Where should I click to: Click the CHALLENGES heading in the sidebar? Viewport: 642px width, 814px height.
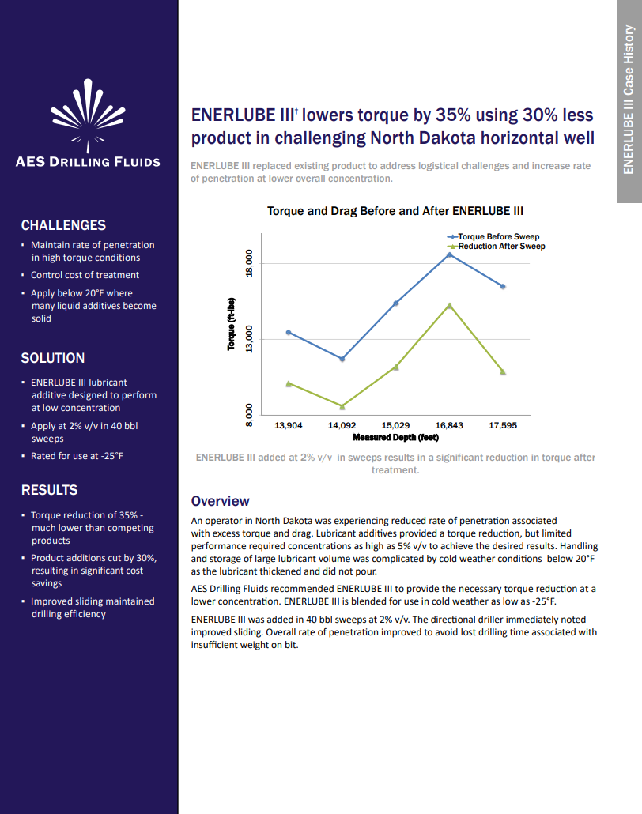point(63,225)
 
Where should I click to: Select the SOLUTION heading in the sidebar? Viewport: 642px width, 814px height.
point(53,358)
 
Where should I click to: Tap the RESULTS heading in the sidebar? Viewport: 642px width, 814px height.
point(49,490)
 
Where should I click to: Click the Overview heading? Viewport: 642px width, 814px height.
point(221,501)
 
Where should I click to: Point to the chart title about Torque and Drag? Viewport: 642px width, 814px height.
point(395,211)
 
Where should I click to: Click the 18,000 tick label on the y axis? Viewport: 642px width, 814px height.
point(249,263)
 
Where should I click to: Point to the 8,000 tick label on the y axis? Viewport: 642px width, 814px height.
point(249,415)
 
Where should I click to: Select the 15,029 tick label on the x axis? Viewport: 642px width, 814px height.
point(395,425)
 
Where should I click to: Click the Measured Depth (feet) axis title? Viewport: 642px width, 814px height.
point(395,437)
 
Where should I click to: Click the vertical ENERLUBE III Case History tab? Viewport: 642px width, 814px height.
point(629,100)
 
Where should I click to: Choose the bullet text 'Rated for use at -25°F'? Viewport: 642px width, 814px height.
point(77,456)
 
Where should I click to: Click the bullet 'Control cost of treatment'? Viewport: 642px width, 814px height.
point(85,275)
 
